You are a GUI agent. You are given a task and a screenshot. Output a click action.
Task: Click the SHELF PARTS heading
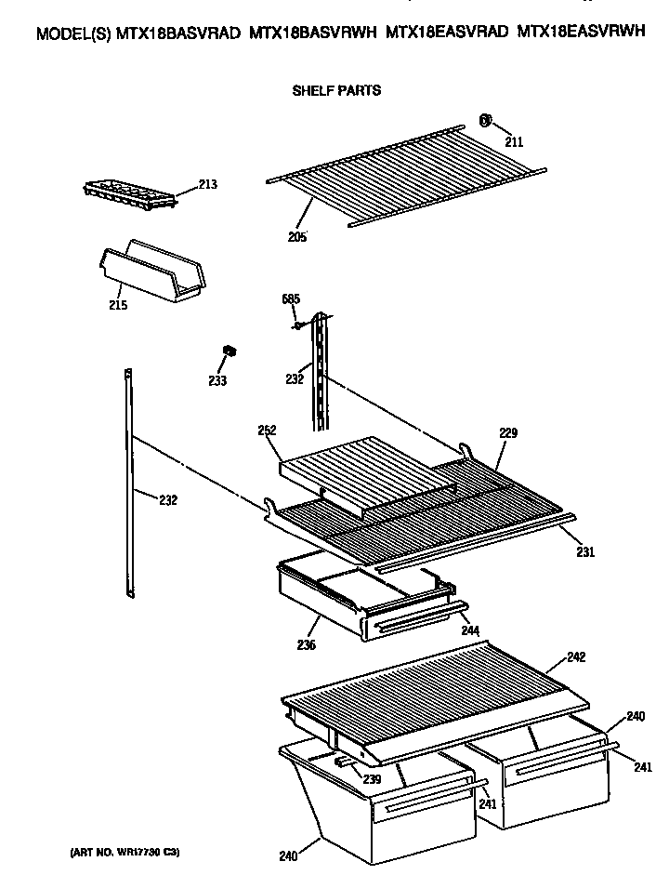coord(336,91)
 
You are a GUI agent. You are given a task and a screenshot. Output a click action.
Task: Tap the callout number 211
coord(513,142)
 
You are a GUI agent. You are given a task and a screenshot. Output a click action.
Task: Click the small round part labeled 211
coord(485,120)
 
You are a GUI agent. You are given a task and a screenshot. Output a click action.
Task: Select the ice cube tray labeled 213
coord(125,192)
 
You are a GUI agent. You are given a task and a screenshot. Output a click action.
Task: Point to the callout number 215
coord(118,304)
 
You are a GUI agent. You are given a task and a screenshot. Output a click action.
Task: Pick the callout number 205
coord(296,236)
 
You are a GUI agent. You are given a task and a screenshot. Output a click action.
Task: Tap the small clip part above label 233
coord(229,350)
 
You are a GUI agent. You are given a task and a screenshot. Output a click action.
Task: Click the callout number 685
coord(291,299)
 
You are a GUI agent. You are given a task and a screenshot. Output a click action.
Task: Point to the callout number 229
coord(507,433)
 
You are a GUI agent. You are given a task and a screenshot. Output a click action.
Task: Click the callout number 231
coord(584,552)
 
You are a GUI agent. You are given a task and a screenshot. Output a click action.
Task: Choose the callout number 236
coord(306,645)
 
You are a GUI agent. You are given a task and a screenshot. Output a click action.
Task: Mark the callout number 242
coord(576,657)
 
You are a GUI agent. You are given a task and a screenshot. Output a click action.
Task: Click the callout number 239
coord(372,779)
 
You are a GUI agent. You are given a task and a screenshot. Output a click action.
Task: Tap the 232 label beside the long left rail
coord(167,500)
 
